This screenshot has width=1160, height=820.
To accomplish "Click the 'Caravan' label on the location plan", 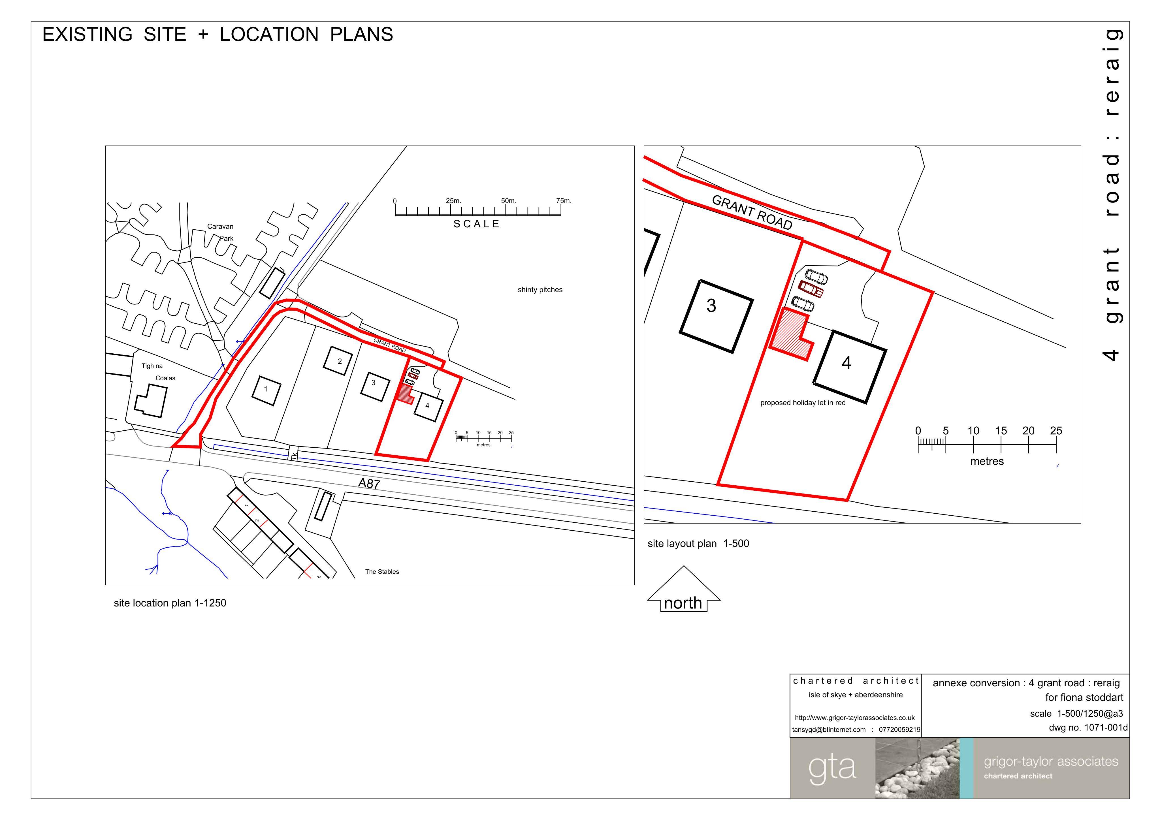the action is click(x=220, y=226).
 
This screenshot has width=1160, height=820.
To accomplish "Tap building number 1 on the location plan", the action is click(x=266, y=390).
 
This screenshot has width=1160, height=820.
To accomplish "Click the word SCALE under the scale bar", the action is click(x=476, y=224).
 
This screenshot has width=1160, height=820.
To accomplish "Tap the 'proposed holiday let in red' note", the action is click(x=803, y=403).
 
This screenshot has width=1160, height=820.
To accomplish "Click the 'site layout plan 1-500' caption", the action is click(x=698, y=544).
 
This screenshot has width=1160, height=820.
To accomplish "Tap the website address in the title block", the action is click(x=855, y=718).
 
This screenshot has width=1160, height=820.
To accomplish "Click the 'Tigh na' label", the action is click(x=152, y=366).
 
